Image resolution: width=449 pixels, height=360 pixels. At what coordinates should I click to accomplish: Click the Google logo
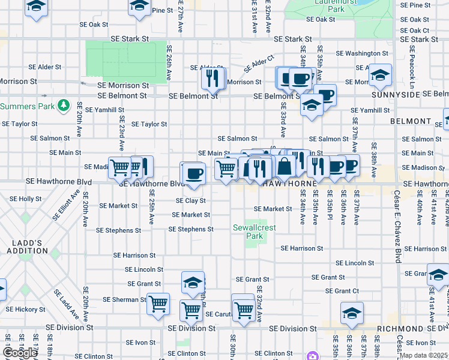[x=20, y=353]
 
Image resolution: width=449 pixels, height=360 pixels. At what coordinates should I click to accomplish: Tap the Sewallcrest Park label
[x=247, y=232]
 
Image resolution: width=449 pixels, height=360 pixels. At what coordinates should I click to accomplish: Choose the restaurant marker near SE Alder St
[x=213, y=77]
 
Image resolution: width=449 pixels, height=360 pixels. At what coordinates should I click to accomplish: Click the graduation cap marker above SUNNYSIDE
[x=380, y=74]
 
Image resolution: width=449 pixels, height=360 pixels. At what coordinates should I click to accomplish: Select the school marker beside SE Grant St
[x=192, y=281]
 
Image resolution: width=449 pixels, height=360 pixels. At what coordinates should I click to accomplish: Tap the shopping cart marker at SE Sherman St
[x=158, y=303]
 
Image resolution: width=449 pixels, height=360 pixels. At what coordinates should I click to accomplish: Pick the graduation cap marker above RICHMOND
[x=352, y=312]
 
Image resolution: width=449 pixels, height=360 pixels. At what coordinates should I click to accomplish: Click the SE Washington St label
[x=360, y=53]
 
